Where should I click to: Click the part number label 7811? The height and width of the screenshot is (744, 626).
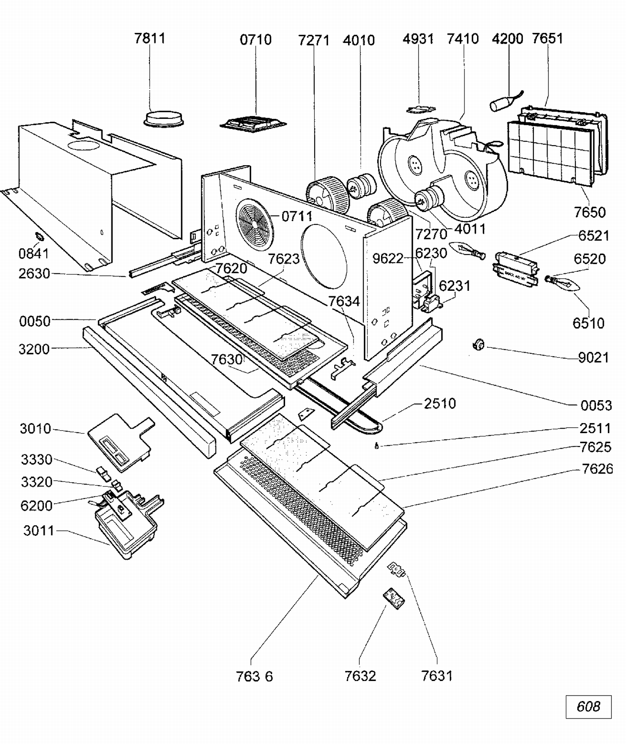(x=150, y=38)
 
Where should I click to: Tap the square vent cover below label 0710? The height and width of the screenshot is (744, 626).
(x=253, y=124)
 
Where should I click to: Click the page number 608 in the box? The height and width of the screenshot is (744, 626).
(x=588, y=706)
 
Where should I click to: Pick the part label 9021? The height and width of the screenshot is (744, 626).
(x=593, y=358)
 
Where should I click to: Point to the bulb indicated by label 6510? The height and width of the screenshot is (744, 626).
(x=565, y=283)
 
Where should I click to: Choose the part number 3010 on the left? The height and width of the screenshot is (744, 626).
(x=35, y=429)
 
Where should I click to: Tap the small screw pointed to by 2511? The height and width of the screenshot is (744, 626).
(x=376, y=446)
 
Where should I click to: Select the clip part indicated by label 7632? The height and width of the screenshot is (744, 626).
(x=394, y=598)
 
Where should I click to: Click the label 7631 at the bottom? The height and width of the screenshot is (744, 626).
(x=437, y=676)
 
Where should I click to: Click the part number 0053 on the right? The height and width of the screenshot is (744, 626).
(x=596, y=405)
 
